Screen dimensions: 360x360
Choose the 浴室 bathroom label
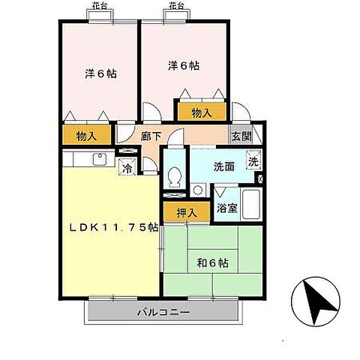227,208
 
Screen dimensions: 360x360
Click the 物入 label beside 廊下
87,136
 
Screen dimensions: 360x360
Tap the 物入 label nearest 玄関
201,112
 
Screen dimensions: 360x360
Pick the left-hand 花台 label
98,6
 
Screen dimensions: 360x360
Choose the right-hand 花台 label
176,6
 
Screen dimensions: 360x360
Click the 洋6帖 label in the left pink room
99,73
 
